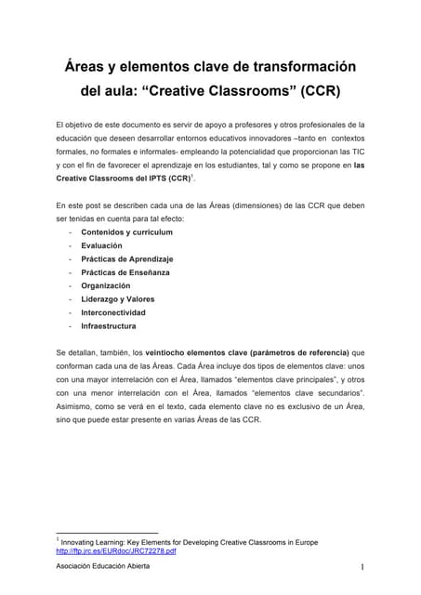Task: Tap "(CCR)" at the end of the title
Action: pos(314,92)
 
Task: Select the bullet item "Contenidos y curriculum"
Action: pos(127,231)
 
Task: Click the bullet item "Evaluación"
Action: pos(101,245)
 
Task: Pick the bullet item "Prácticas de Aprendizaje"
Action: pos(126,258)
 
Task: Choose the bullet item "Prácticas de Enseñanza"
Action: pos(125,272)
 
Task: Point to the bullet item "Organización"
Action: pos(105,285)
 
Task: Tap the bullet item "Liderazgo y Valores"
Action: pos(118,299)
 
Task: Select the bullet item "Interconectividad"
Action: pos(113,312)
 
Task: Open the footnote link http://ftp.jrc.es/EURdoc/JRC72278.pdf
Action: pos(115,551)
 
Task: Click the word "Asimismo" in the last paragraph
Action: pos(75,407)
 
